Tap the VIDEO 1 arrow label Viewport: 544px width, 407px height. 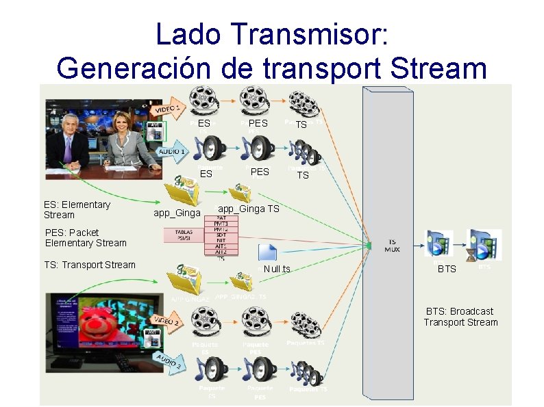(168, 110)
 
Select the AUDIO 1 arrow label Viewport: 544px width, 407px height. (172, 151)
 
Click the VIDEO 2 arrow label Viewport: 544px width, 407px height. (167, 321)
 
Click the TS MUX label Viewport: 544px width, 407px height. (392, 246)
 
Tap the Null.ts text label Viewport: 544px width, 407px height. (277, 269)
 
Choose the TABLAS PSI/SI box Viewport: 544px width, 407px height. (183, 235)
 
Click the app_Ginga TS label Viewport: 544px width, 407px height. (248, 209)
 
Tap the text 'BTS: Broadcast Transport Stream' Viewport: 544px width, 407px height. (460, 317)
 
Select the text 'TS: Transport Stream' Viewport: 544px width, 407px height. (90, 265)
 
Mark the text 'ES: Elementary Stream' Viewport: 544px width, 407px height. (77, 209)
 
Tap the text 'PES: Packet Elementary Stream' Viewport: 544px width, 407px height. (86, 237)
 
